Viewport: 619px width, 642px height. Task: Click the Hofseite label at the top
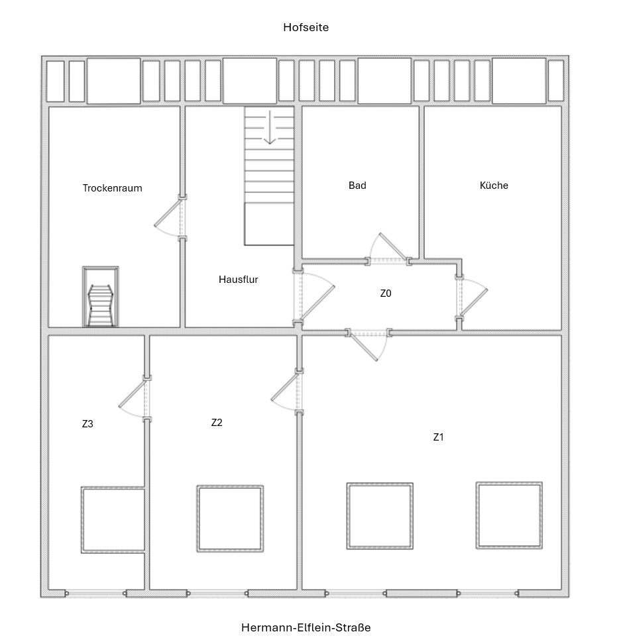tap(306, 27)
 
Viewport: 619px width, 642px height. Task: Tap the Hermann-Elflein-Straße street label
tap(306, 627)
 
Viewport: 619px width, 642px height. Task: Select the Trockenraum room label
tap(112, 188)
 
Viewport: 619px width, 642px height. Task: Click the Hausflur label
tap(238, 279)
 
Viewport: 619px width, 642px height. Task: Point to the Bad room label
tap(357, 186)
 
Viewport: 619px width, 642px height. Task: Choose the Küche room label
tap(494, 185)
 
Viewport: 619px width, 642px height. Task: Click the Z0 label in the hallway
tap(386, 293)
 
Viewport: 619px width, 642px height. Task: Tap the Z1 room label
tap(438, 437)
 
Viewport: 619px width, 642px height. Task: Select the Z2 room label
tap(217, 423)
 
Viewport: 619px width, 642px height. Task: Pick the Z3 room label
tap(87, 424)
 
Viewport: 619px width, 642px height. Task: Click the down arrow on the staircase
tap(269, 127)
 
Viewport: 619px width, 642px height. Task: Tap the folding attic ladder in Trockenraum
tap(100, 296)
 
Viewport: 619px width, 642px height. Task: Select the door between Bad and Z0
tap(388, 250)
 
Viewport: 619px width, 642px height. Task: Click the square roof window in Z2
tap(230, 518)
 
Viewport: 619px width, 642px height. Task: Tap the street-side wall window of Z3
tap(96, 593)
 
